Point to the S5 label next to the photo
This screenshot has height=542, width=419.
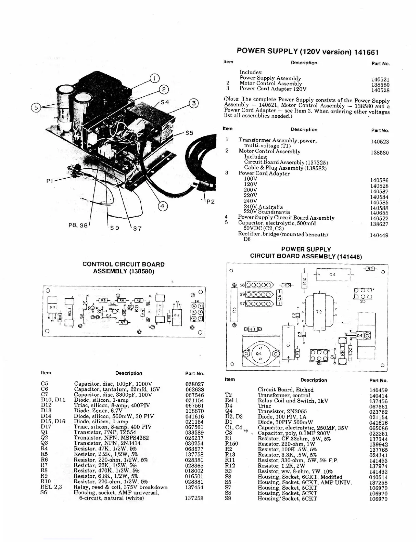click(x=189, y=133)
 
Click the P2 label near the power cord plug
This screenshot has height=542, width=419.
click(x=210, y=202)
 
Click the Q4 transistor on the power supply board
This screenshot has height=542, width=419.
click(x=259, y=354)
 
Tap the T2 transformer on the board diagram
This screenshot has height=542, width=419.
click(x=319, y=312)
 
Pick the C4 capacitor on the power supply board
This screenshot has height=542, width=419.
click(x=332, y=274)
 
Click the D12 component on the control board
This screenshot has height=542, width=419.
click(x=177, y=315)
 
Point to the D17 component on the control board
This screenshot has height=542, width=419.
click(x=52, y=308)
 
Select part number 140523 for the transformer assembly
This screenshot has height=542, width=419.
click(x=380, y=141)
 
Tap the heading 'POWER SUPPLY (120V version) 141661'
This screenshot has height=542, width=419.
click(x=307, y=52)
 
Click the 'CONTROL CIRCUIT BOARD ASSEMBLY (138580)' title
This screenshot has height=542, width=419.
click(x=124, y=268)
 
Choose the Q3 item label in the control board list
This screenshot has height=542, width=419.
click(x=45, y=443)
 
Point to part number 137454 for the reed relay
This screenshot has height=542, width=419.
click(x=194, y=487)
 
